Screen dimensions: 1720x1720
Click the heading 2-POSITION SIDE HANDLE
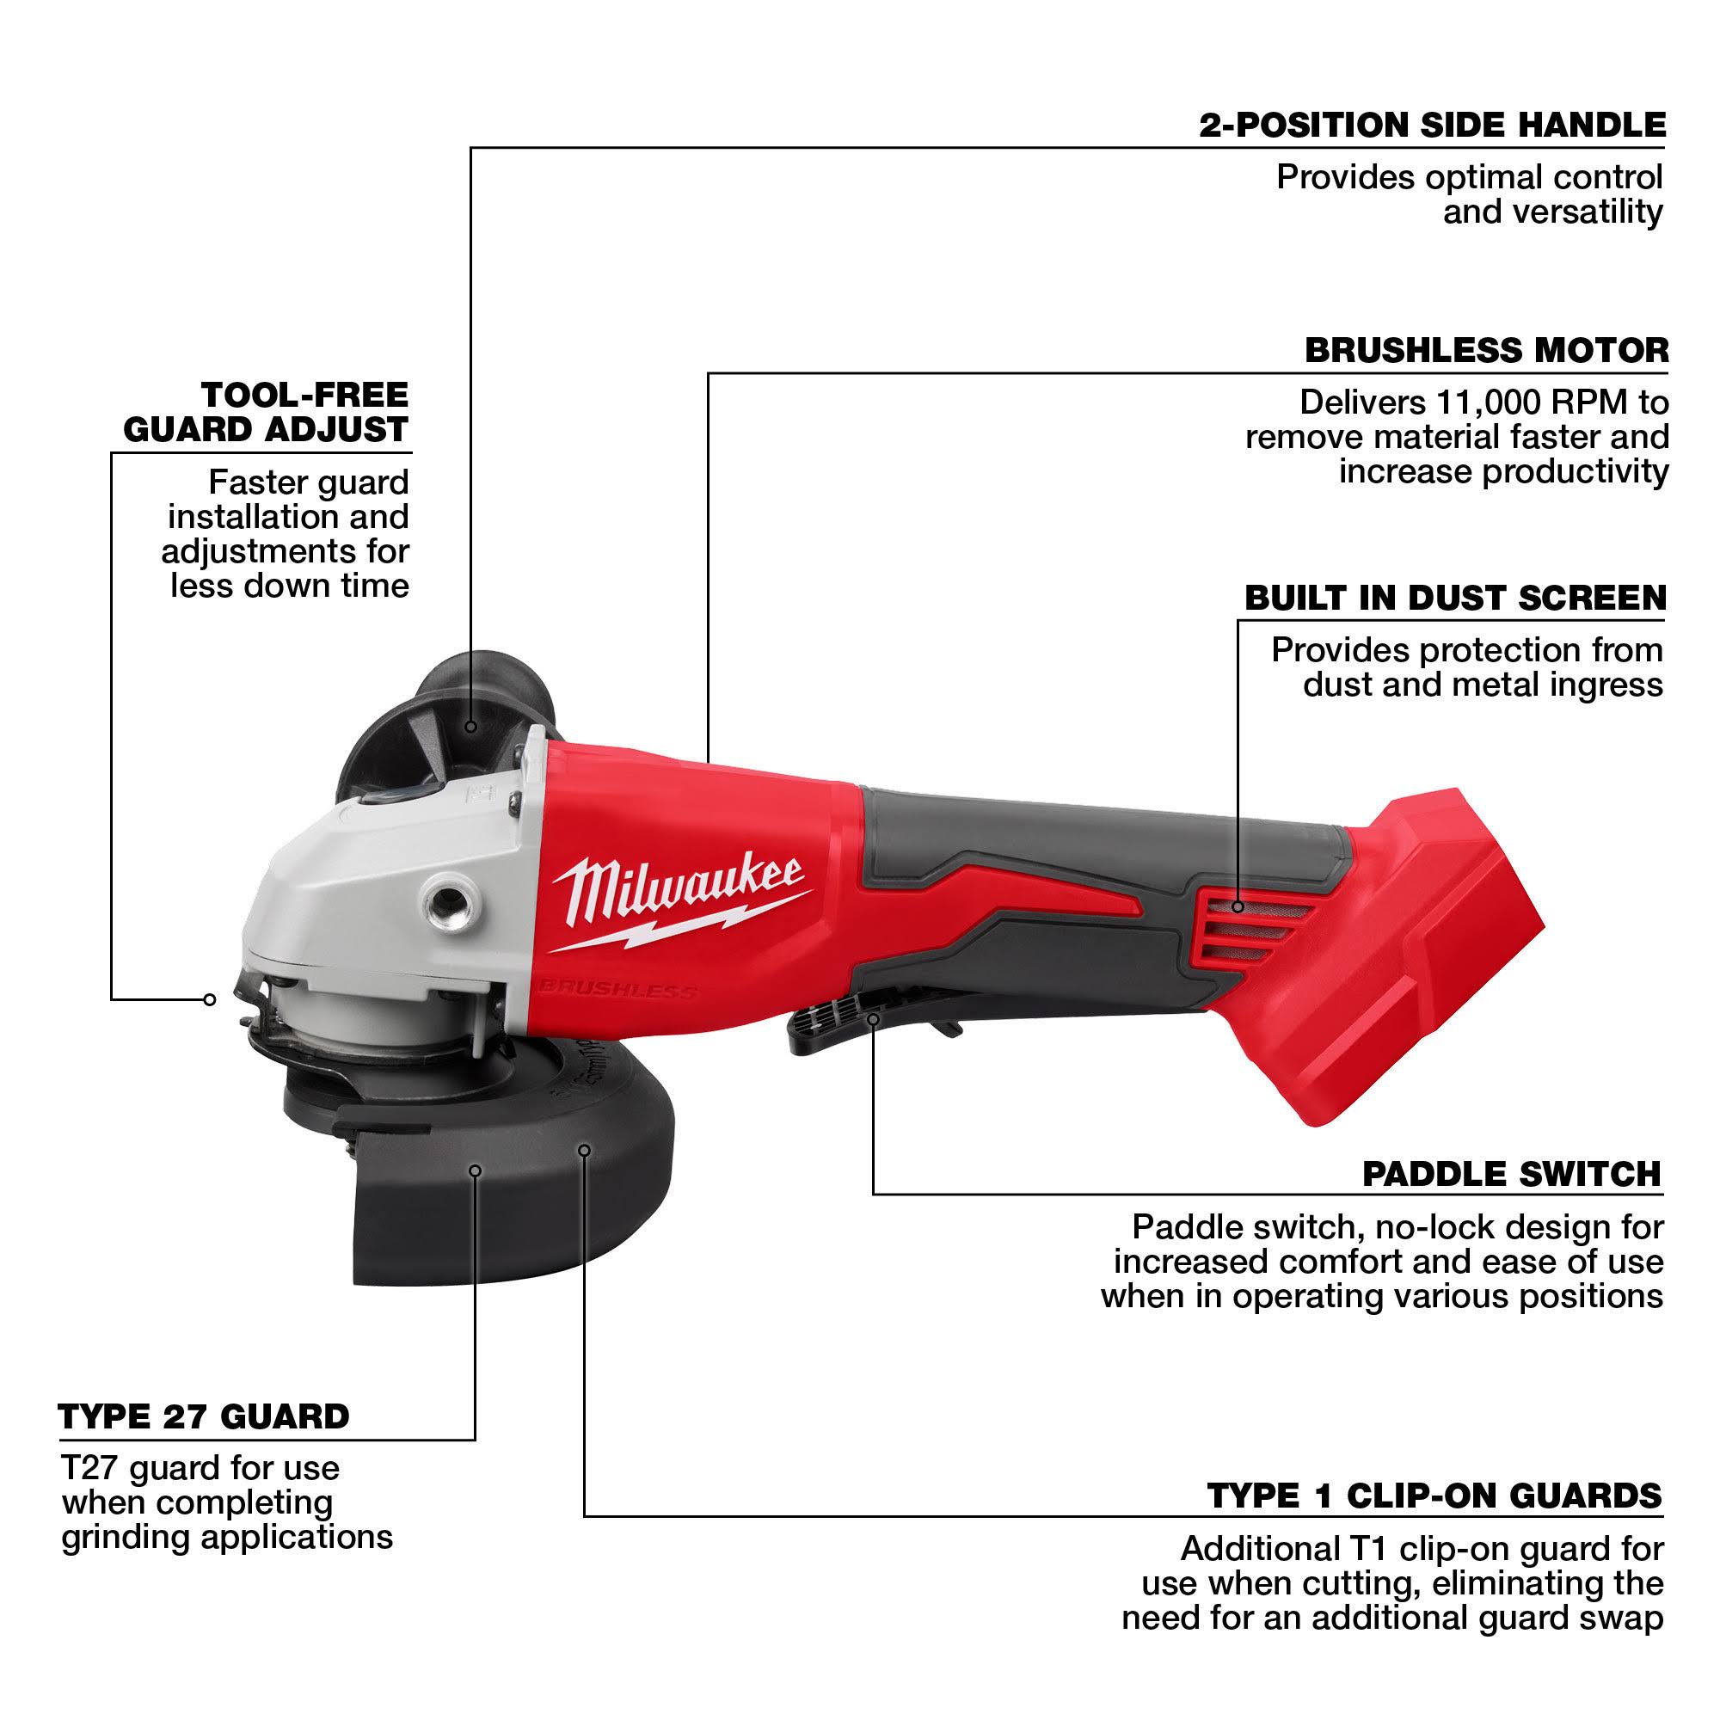(x=1432, y=125)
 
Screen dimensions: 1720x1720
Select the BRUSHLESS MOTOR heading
(x=1486, y=350)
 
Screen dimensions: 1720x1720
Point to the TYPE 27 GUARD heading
(x=204, y=1416)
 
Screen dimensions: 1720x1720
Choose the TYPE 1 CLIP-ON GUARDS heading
(x=1434, y=1496)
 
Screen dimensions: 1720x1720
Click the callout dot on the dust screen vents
(x=1238, y=907)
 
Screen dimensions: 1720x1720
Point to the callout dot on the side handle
(x=471, y=727)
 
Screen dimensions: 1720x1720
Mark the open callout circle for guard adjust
(x=209, y=1000)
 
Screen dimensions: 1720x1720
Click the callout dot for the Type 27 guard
(x=476, y=1170)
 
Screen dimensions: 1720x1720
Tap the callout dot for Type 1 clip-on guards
(x=584, y=1152)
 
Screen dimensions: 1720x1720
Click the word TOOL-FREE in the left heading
(x=304, y=395)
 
